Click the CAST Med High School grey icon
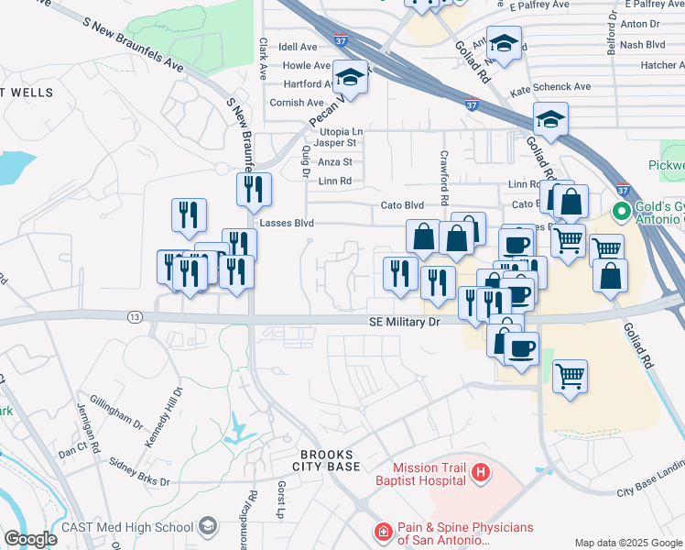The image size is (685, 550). (208, 526)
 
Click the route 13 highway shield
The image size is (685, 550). (136, 317)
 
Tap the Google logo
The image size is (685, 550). (30, 539)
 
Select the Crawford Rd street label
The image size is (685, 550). (444, 178)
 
